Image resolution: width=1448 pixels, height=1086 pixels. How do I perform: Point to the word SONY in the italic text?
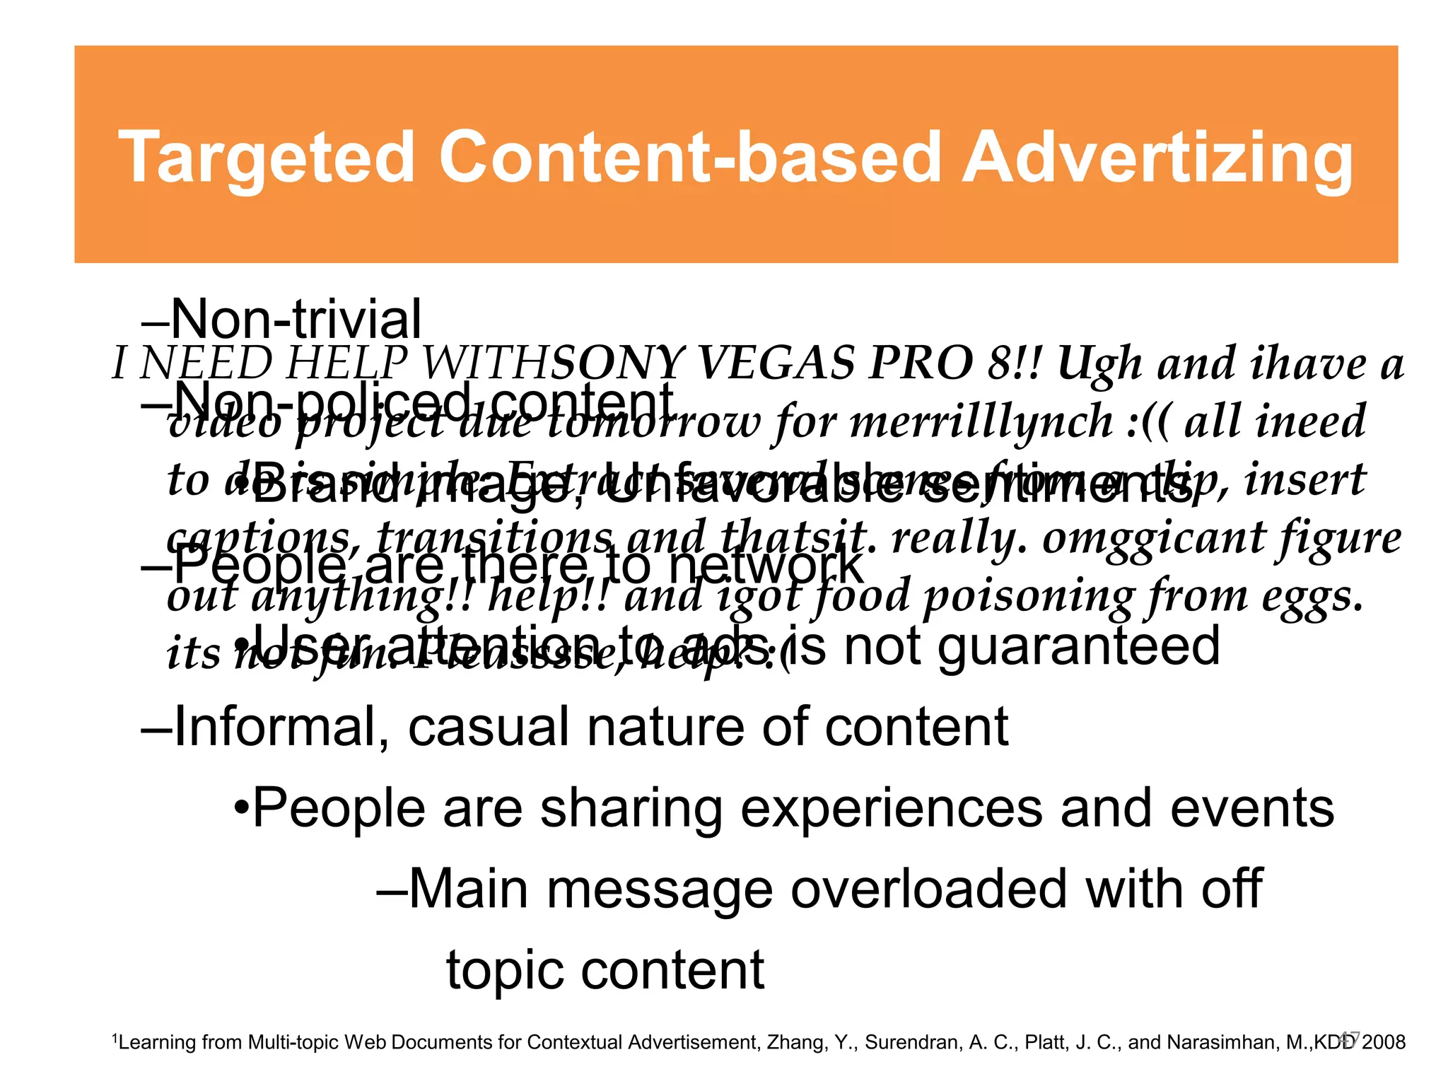point(619,363)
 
